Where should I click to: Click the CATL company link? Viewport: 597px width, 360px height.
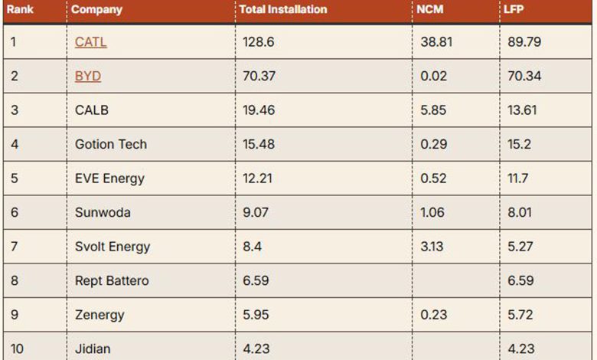90,42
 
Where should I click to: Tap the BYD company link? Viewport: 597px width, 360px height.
88,76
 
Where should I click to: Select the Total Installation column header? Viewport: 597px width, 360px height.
283,9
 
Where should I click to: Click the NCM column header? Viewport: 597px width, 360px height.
430,9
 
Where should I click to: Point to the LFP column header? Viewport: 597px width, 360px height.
514,9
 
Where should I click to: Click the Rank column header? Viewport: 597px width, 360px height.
20,9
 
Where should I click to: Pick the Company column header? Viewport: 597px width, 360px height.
96,10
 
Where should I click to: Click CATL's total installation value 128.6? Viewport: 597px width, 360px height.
259,42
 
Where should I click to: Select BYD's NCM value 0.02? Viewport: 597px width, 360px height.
434,76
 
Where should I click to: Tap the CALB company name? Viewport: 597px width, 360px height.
92,110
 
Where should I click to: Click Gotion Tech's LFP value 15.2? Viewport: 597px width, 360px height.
520,144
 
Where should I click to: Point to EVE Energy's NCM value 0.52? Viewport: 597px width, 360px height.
433,178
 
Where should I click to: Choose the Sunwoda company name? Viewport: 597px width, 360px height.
103,213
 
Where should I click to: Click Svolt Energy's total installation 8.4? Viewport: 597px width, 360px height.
252,247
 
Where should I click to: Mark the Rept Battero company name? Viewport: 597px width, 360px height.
112,281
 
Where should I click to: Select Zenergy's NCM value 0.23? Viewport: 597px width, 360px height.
434,315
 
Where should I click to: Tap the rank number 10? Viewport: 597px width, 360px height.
17,349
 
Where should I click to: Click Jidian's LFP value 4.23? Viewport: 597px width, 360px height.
521,349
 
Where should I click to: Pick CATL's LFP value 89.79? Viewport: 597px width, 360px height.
524,42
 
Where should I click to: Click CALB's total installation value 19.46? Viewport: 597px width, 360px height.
259,110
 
